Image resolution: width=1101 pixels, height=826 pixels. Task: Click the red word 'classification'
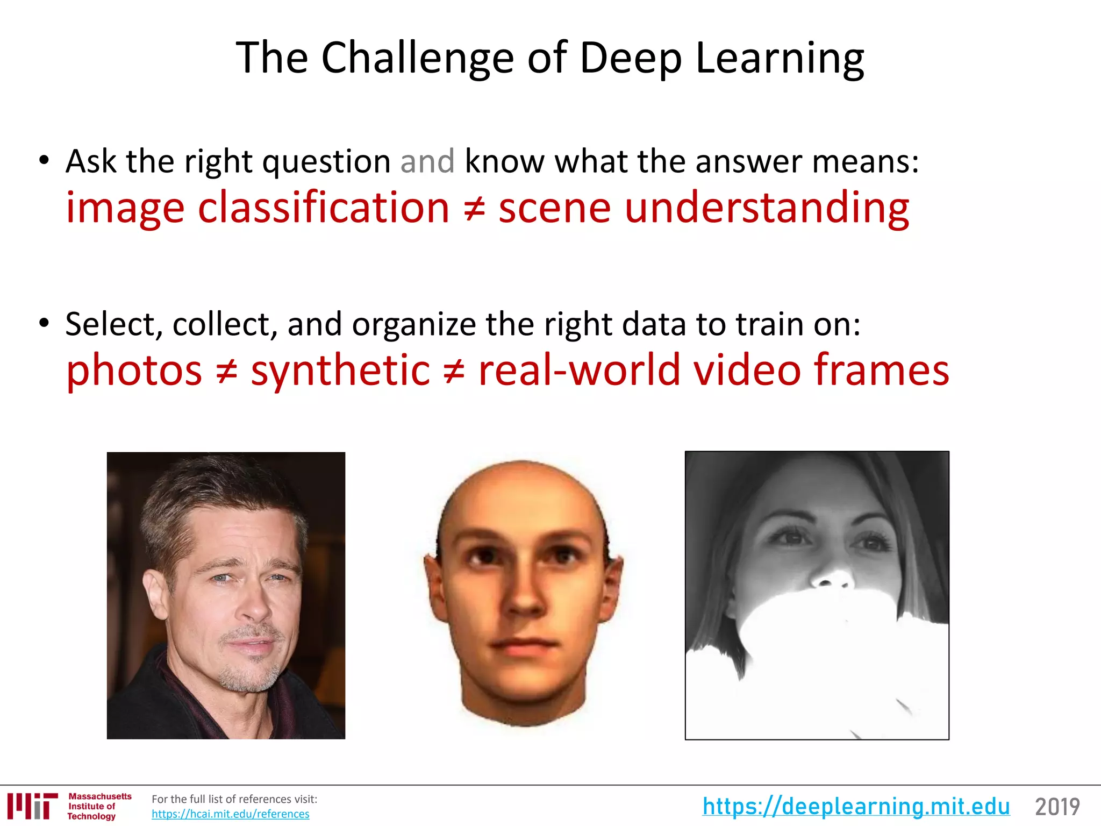324,208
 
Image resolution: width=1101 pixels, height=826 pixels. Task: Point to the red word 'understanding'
767,208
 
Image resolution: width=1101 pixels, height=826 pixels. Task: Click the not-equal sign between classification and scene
474,209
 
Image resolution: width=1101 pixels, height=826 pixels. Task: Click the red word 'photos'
134,371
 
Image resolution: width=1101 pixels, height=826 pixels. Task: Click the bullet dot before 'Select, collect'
44,323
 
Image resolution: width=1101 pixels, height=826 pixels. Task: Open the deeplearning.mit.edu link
856,807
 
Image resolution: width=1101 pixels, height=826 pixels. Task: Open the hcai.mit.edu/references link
230,814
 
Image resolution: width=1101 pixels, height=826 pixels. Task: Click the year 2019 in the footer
1057,807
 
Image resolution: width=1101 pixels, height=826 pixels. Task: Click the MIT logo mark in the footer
33,806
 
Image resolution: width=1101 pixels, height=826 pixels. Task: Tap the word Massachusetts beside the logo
100,796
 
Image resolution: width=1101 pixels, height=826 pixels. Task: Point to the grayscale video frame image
817,595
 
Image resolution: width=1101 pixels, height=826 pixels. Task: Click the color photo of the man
226,595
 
